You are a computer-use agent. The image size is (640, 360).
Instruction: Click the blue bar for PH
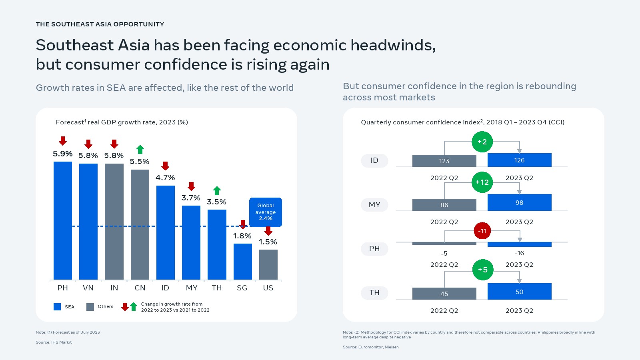pyautogui.click(x=63, y=220)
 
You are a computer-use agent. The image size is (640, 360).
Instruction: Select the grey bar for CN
pyautogui.click(x=140, y=224)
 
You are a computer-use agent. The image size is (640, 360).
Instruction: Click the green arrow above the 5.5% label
pyautogui.click(x=140, y=150)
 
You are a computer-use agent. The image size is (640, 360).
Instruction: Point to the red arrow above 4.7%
pyautogui.click(x=165, y=166)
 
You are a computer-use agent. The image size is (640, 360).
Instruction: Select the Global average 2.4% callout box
pyautogui.click(x=266, y=212)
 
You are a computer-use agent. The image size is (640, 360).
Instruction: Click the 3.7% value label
pyautogui.click(x=191, y=198)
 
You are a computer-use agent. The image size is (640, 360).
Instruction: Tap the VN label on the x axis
pyautogui.click(x=88, y=288)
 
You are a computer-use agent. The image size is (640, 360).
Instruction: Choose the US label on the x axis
pyautogui.click(x=268, y=288)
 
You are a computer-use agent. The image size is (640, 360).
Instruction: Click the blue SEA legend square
pyautogui.click(x=57, y=307)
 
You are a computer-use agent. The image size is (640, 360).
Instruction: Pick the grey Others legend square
pyautogui.click(x=90, y=307)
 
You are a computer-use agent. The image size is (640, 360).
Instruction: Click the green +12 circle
pyautogui.click(x=482, y=182)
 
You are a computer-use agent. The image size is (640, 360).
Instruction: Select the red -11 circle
pyautogui.click(x=482, y=231)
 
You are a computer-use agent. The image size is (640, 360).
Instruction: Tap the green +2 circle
pyautogui.click(x=482, y=142)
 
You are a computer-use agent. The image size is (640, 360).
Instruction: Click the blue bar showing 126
pyautogui.click(x=519, y=160)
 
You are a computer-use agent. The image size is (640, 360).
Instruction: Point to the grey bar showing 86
pyautogui.click(x=444, y=205)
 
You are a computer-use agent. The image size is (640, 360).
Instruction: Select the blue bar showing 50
pyautogui.click(x=519, y=292)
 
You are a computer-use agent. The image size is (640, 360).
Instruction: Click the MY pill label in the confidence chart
pyautogui.click(x=374, y=205)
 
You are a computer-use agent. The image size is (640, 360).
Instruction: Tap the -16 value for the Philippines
pyautogui.click(x=519, y=253)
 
